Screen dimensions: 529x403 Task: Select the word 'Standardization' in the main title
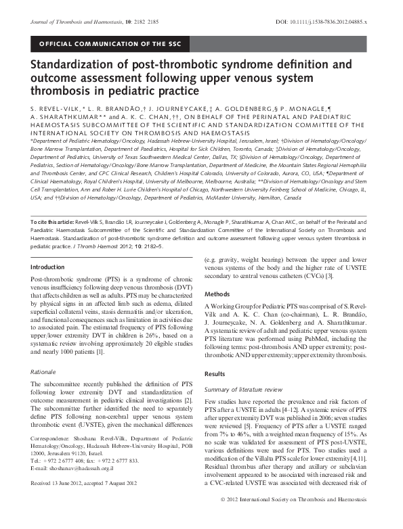point(75,66)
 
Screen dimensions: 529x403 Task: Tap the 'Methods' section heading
point(217,276)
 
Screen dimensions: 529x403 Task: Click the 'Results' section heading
point(216,373)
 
